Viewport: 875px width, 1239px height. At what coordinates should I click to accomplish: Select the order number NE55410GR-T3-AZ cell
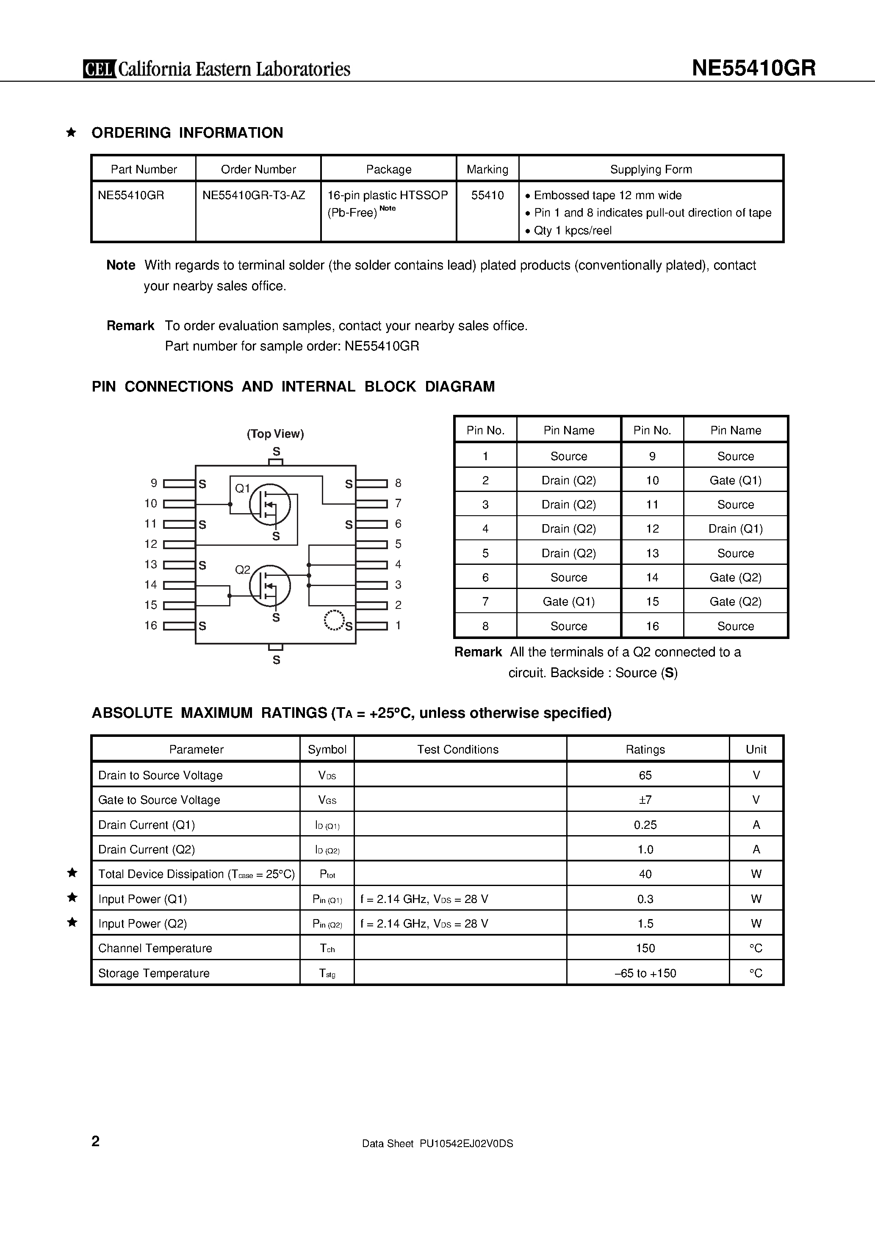click(254, 195)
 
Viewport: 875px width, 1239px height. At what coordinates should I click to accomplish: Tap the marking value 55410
click(487, 195)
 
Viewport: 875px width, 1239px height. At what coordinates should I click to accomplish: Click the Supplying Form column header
click(651, 169)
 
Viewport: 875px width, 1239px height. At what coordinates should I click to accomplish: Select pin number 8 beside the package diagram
click(398, 483)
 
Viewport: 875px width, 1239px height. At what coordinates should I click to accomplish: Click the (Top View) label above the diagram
click(275, 434)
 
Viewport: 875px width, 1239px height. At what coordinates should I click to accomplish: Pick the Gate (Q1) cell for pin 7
click(569, 602)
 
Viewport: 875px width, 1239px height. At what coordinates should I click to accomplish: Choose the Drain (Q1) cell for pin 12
click(735, 529)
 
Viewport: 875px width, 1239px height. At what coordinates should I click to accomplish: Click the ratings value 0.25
click(645, 825)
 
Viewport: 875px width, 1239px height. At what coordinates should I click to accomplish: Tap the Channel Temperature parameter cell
click(155, 948)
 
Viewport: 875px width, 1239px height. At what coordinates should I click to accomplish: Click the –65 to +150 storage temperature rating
click(645, 973)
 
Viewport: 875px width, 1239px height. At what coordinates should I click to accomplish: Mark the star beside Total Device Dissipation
click(72, 872)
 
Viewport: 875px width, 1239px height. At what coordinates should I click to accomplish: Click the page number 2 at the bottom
click(95, 1141)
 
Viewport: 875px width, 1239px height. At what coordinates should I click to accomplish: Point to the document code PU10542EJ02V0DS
click(466, 1144)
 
